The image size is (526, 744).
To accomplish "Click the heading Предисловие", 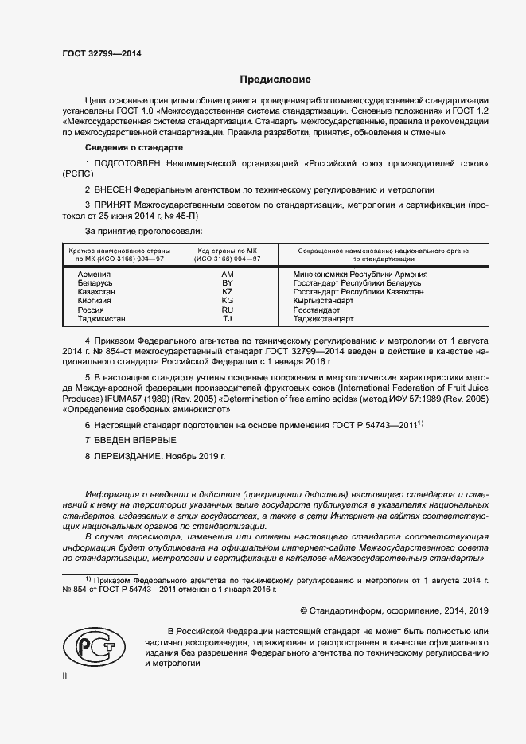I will [x=276, y=80].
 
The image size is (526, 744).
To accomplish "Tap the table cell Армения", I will [x=94, y=274].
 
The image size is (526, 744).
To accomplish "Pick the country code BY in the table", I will [x=227, y=283].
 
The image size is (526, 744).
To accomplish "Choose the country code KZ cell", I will [x=227, y=292].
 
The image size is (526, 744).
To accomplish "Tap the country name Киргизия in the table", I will [x=95, y=301].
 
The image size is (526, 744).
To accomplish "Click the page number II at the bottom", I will [x=64, y=676].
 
